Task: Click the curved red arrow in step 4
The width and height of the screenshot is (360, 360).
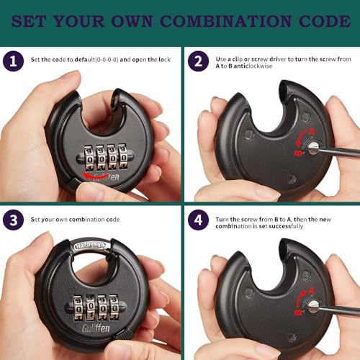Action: pos(304,296)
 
